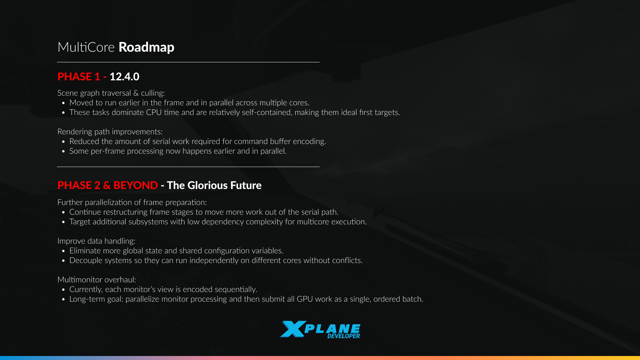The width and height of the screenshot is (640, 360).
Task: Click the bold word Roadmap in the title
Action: (x=146, y=47)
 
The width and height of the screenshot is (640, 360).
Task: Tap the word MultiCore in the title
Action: (x=86, y=47)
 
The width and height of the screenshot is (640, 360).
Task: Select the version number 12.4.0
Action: (x=124, y=77)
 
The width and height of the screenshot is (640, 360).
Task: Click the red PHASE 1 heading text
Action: (x=79, y=77)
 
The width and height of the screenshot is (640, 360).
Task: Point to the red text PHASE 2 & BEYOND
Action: (x=108, y=185)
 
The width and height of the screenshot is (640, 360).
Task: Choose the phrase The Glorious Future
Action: (x=214, y=185)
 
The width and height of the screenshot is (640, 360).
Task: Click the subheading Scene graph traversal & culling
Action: (x=111, y=93)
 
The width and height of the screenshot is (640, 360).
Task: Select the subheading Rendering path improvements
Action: (x=110, y=132)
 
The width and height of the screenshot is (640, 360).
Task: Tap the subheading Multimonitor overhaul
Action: (x=97, y=280)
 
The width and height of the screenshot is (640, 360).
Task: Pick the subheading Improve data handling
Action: (x=96, y=241)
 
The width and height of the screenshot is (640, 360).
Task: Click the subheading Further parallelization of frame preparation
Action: (x=132, y=202)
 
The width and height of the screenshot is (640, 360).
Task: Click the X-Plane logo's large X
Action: (x=293, y=329)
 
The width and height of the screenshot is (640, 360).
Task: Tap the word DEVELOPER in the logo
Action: (x=344, y=336)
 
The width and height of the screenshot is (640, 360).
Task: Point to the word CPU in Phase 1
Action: (x=154, y=112)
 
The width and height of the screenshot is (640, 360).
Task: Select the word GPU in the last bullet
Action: (x=305, y=299)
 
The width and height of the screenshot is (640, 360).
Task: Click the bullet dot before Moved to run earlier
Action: (x=63, y=103)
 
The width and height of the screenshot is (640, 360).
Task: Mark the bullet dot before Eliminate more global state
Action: (x=63, y=251)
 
